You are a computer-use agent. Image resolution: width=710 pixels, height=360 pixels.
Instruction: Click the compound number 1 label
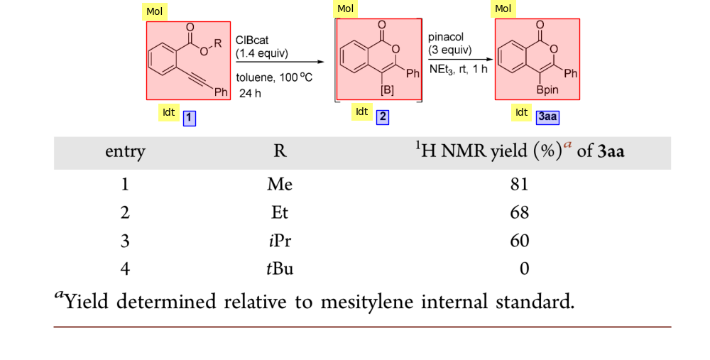190,119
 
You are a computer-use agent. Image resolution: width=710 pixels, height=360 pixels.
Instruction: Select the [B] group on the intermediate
388,90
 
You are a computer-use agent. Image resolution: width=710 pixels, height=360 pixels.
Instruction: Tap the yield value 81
519,184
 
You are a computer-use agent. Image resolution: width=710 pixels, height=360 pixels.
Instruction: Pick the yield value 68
519,212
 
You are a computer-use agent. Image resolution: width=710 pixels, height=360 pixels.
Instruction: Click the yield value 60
519,241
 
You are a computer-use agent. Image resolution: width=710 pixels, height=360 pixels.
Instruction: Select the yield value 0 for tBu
525,268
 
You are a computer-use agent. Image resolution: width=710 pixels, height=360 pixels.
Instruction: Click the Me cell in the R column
279,184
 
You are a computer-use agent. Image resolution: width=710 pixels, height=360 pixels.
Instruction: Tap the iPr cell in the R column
279,241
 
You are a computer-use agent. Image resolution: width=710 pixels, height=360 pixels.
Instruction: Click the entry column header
125,152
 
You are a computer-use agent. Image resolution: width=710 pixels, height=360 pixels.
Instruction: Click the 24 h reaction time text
250,93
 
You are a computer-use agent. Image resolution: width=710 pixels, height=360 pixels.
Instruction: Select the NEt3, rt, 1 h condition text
458,69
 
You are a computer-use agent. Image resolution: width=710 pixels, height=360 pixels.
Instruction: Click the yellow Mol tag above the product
503,9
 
